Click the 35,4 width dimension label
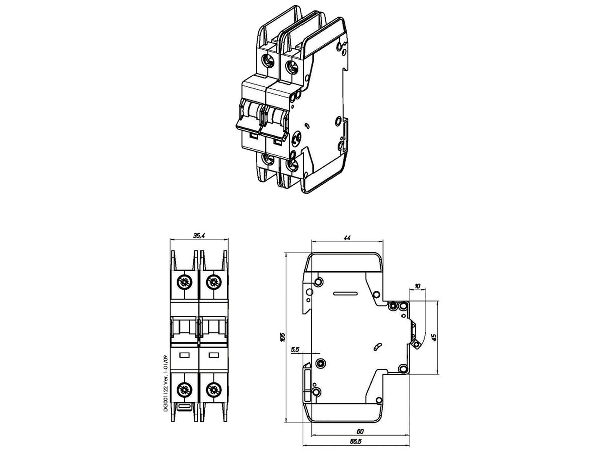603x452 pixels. (199, 235)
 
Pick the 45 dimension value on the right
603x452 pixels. (434, 337)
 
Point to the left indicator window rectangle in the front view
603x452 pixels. (185, 355)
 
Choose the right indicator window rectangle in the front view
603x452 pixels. (213, 355)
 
